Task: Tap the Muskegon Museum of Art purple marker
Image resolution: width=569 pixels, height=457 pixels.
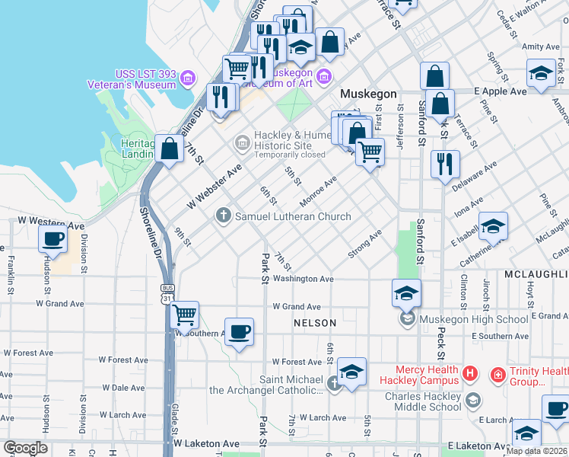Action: click(324, 74)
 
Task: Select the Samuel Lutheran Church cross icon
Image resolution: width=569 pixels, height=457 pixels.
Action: click(224, 216)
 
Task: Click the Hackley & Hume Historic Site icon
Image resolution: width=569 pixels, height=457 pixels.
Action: click(242, 140)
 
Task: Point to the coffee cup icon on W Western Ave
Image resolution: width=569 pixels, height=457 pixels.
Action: click(52, 238)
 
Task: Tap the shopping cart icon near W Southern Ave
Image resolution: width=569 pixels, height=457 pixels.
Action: click(184, 313)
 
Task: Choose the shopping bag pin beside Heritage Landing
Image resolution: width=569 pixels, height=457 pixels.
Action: click(168, 148)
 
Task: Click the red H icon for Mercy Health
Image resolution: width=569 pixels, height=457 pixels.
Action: click(471, 374)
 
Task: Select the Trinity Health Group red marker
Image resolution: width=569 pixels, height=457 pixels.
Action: click(497, 374)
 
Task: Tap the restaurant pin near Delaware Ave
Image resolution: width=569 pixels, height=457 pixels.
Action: click(444, 164)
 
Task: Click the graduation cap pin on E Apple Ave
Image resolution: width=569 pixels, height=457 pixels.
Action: click(541, 73)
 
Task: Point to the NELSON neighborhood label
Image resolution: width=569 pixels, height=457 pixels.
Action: click(315, 324)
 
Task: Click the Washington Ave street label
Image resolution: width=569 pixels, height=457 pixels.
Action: click(304, 280)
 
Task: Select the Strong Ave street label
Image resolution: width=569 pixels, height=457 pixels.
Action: click(365, 244)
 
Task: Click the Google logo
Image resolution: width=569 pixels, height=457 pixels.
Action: click(25, 448)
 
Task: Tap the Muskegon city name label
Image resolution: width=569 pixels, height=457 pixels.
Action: click(368, 94)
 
